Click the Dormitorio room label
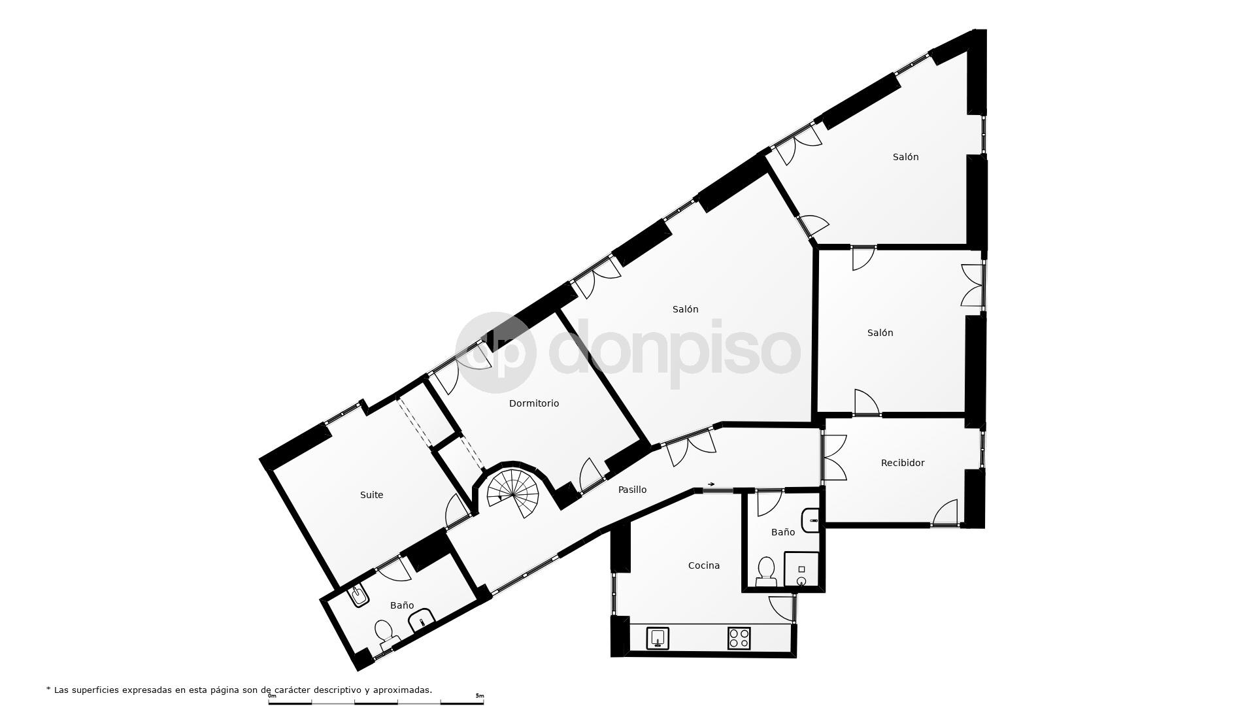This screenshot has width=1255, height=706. click(x=534, y=403)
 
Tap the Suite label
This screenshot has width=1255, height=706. click(x=371, y=495)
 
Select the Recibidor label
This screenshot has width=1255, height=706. click(x=902, y=463)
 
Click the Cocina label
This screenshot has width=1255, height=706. click(x=703, y=565)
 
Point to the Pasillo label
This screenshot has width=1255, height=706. click(x=632, y=490)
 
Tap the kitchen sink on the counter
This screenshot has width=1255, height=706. click(x=658, y=637)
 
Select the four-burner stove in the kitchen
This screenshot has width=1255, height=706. click(x=739, y=638)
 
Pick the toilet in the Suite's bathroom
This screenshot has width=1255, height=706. click(x=384, y=633)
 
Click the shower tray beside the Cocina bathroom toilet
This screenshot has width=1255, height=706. click(x=801, y=570)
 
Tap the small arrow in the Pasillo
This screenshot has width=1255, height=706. click(x=711, y=484)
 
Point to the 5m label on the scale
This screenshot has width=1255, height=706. click(x=479, y=696)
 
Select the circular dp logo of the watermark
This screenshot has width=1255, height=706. click(x=495, y=352)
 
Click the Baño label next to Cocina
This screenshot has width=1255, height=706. click(x=782, y=532)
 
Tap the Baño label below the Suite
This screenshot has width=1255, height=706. click(x=401, y=605)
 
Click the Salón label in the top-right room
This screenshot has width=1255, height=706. click(x=905, y=157)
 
